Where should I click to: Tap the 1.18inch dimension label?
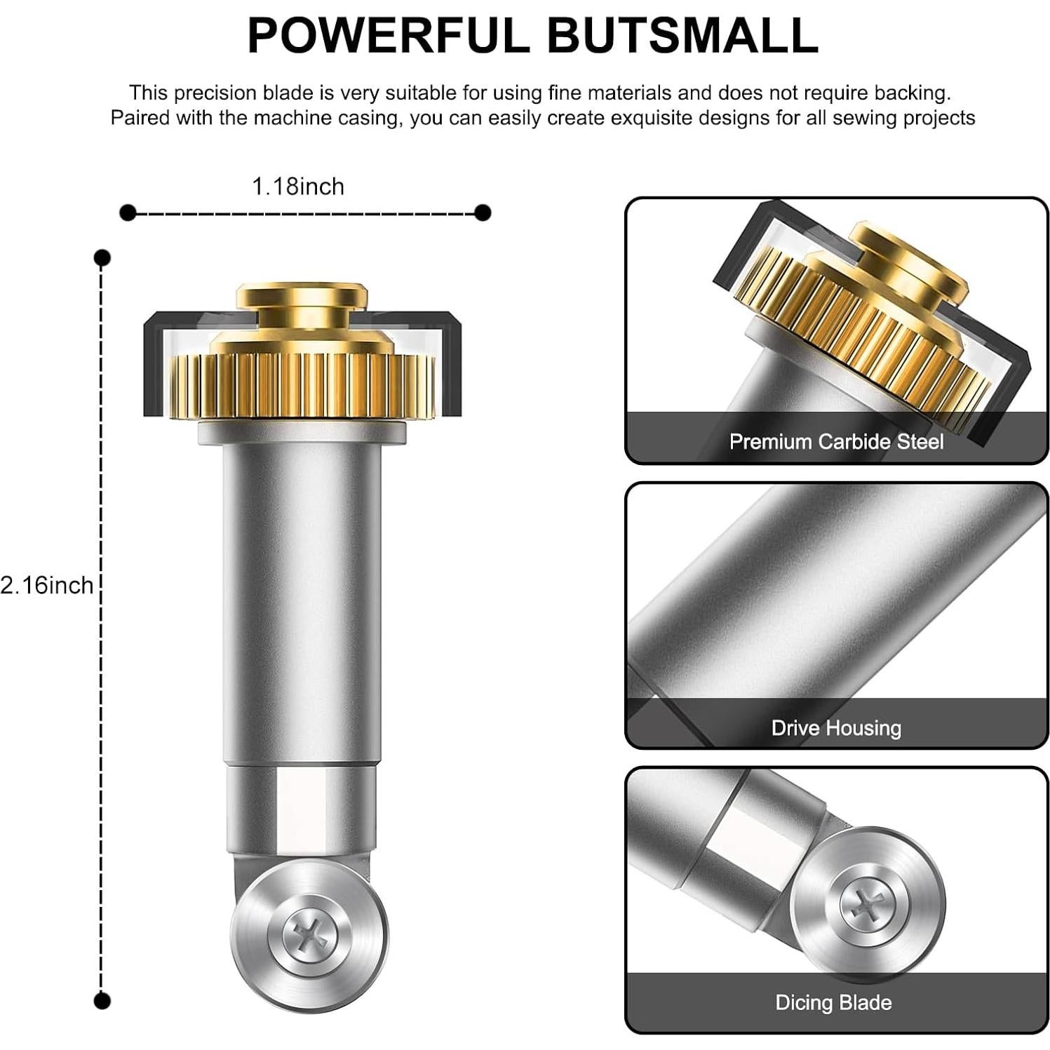point(298,187)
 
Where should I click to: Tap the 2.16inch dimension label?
point(46,585)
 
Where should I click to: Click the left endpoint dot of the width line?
point(128,213)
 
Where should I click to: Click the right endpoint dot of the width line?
point(483,213)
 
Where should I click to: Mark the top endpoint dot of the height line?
point(102,258)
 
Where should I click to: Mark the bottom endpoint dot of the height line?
point(102,1000)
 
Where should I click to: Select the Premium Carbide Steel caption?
point(836,442)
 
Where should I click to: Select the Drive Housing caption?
point(836,728)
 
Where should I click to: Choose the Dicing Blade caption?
point(833,1002)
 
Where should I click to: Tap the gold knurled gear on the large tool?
point(302,386)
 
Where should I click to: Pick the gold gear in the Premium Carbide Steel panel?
point(863,330)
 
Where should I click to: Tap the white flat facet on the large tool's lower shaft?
point(302,807)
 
